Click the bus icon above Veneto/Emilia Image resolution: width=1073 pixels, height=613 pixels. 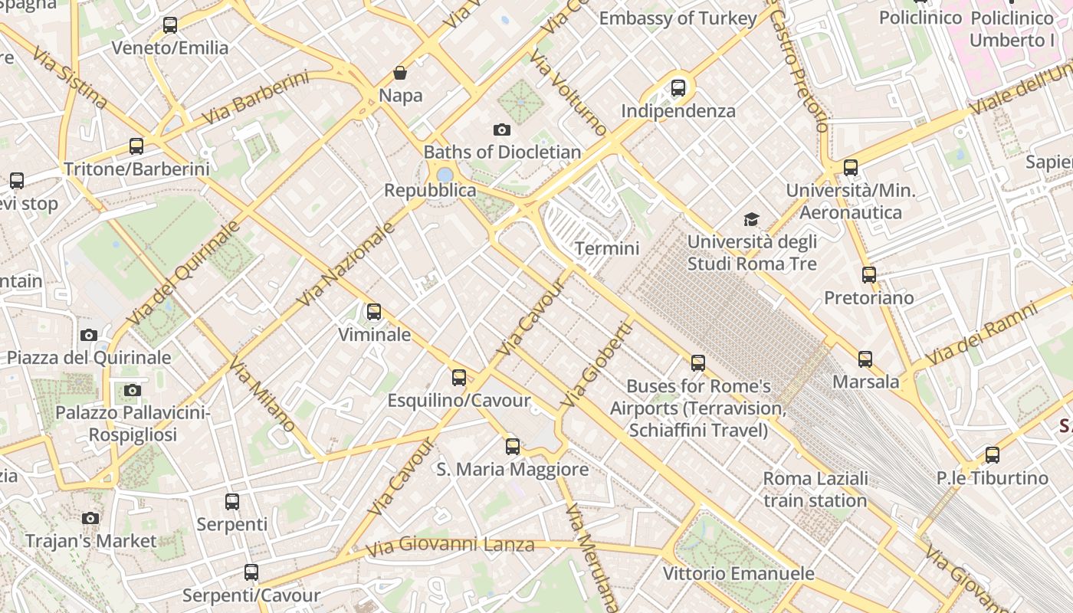(x=170, y=25)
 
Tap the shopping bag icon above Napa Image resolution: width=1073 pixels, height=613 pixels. (x=400, y=73)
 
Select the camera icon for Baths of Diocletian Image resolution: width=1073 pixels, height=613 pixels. (x=502, y=129)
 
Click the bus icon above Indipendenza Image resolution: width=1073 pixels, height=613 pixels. (x=678, y=88)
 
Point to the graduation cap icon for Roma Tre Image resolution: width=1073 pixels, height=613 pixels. (x=752, y=220)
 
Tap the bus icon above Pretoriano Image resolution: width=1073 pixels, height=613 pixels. (x=868, y=275)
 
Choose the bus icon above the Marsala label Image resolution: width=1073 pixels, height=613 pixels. (x=865, y=359)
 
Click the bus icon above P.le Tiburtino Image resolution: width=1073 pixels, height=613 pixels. (x=993, y=455)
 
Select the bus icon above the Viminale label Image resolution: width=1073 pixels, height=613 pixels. (x=374, y=312)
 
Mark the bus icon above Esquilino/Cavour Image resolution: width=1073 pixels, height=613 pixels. (x=459, y=378)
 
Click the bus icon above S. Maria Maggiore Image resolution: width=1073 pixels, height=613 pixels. (x=513, y=446)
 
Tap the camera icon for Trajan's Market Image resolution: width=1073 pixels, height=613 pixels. (x=90, y=519)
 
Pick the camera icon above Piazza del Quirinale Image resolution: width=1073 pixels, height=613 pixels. (x=89, y=335)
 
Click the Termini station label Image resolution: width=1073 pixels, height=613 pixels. (x=607, y=248)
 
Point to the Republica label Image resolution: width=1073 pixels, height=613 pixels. (x=430, y=190)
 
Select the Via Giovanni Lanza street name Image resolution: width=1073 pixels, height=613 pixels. (x=450, y=546)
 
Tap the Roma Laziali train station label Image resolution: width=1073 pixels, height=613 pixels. (x=815, y=490)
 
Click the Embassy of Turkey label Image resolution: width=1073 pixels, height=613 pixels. (x=678, y=18)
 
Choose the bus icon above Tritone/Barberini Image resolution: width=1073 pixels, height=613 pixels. (x=136, y=146)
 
